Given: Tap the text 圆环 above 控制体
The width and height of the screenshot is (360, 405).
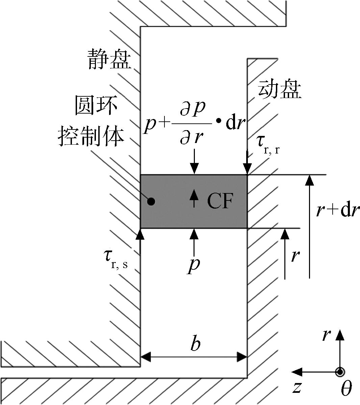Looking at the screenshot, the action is tap(96, 105).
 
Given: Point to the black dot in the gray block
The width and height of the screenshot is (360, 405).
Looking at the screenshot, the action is tap(151, 201).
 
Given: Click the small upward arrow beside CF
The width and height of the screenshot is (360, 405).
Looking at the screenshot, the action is tap(194, 198).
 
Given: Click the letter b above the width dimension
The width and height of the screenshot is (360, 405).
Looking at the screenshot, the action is tap(195, 343).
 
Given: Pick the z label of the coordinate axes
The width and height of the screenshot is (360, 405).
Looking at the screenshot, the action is tap(297, 387).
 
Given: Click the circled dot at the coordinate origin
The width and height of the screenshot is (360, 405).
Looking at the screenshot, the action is tap(340, 372).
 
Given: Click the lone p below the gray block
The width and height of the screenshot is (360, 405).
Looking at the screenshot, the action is tap(194, 265).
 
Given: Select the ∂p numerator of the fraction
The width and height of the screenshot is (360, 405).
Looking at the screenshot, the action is tap(192, 109).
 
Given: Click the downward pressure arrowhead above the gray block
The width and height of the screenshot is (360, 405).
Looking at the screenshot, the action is tap(195, 169).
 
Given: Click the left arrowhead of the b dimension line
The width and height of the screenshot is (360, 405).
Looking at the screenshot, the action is tap(145, 357).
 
